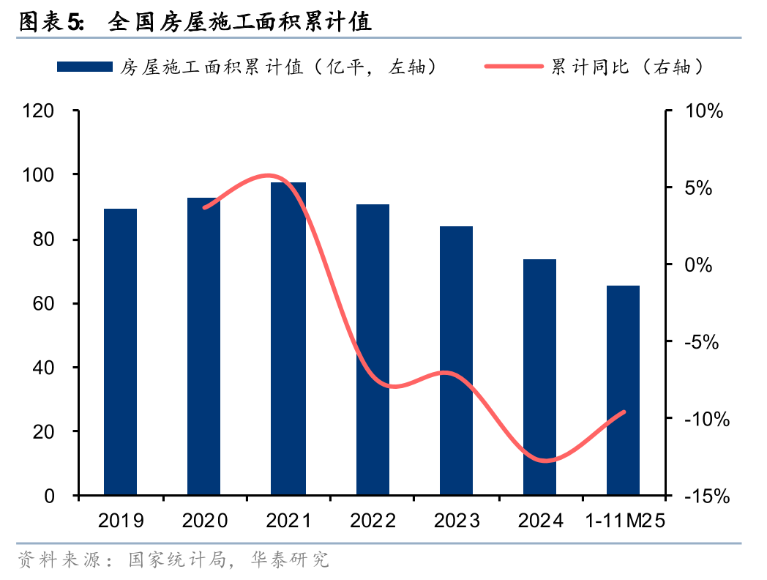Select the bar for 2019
(120, 352)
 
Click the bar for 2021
(288, 338)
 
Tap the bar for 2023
(456, 360)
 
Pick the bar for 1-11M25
(623, 390)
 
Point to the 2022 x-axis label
(373, 521)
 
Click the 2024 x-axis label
(540, 521)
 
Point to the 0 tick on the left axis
(49, 497)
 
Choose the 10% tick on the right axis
(703, 111)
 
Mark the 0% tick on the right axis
(698, 265)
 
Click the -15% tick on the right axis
(706, 497)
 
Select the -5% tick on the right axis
(700, 342)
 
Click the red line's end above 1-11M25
(624, 412)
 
